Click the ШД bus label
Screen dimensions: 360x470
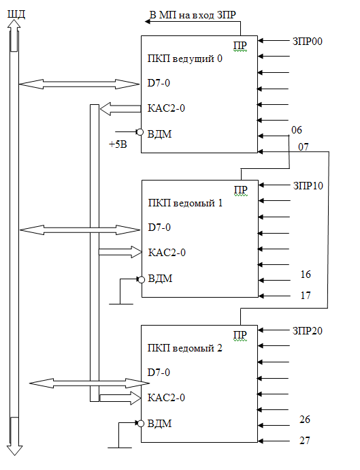(x=16, y=14)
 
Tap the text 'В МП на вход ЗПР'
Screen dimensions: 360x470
(x=193, y=15)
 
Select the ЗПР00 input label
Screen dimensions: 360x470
(x=308, y=42)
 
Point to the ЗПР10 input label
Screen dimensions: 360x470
(x=308, y=186)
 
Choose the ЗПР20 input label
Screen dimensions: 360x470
(x=308, y=331)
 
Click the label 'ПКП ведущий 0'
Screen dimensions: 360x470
(x=185, y=59)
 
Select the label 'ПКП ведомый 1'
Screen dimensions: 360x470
(x=185, y=203)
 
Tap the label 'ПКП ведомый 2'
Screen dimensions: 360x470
(x=185, y=348)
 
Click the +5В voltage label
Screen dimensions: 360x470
(x=118, y=144)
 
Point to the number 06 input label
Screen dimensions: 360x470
(x=297, y=130)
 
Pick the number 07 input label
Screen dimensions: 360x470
(x=303, y=147)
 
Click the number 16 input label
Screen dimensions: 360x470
(x=306, y=275)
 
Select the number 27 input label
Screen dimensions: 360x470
(x=305, y=441)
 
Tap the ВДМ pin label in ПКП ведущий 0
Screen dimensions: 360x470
(x=160, y=134)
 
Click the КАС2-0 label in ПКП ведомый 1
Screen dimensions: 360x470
(x=167, y=253)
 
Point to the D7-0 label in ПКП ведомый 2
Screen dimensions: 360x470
(x=159, y=373)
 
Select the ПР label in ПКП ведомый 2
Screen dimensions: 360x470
(x=240, y=335)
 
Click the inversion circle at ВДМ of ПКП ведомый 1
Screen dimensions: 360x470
(x=141, y=280)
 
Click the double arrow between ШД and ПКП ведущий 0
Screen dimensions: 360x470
(x=79, y=84)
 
